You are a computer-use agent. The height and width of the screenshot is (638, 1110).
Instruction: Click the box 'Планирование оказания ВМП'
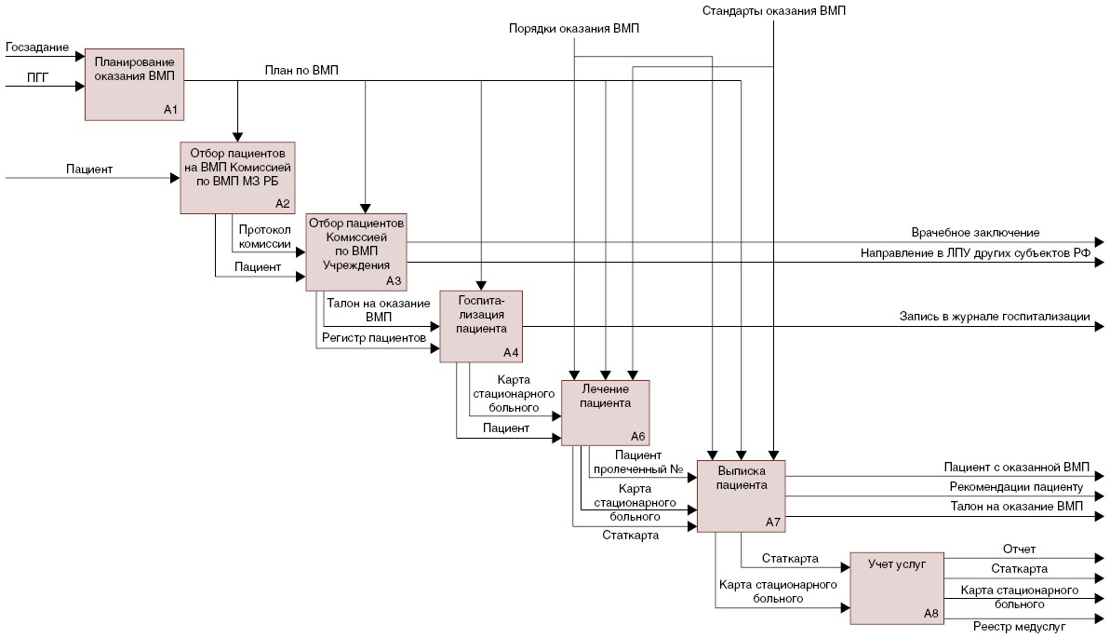134,84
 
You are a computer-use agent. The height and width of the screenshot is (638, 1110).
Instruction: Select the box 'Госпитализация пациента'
481,326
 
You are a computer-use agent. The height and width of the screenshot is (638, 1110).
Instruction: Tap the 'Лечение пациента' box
605,411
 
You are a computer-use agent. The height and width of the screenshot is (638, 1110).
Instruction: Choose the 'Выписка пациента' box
742,495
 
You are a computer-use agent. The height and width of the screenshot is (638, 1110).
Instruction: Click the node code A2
283,203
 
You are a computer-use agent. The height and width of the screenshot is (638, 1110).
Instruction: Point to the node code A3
394,280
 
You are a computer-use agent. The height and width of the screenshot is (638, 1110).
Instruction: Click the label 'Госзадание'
37,46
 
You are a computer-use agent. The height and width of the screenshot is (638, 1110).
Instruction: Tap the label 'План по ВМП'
301,70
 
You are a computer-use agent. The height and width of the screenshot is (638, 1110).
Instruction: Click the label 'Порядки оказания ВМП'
574,29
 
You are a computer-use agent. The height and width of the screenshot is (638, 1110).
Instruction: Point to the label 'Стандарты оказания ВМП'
774,11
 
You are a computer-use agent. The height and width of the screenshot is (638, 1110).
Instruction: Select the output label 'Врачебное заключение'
975,232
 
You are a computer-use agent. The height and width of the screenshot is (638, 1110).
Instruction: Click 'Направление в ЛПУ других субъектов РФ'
974,253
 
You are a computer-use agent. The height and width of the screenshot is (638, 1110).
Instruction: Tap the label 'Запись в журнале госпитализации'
994,317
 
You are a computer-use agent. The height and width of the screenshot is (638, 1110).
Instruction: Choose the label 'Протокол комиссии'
264,237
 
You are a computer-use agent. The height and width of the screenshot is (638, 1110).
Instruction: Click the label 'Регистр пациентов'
373,337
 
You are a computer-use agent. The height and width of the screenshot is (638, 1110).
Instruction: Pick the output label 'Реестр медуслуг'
1019,627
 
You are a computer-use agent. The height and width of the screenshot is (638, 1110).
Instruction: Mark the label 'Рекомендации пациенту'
1016,486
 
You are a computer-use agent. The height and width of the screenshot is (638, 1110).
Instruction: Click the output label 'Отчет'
1019,549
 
